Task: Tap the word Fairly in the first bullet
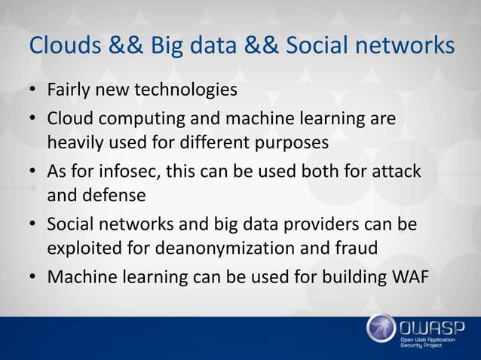coord(68,91)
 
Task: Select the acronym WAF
coord(408,277)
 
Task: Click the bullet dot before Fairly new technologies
coord(35,93)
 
